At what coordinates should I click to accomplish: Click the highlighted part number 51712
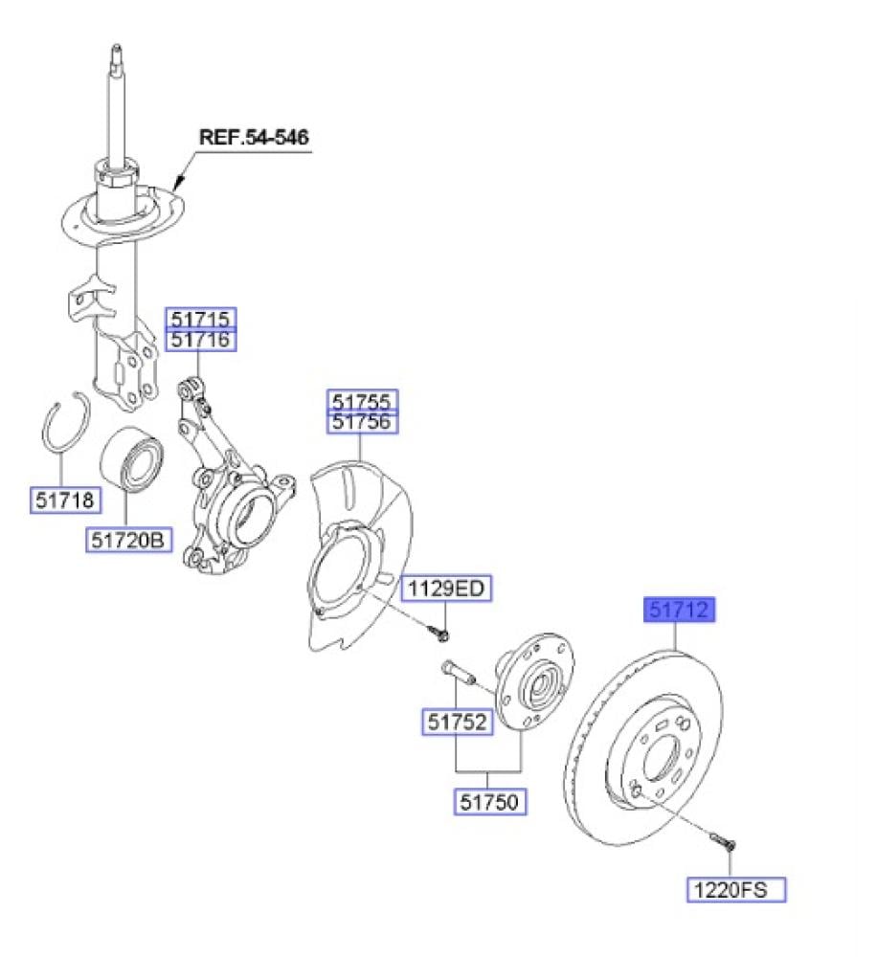[x=681, y=610]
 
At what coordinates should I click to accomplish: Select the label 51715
[x=201, y=319]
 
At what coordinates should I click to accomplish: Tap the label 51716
[x=201, y=340]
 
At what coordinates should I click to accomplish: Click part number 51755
[x=363, y=400]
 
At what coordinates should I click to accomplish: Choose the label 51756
[x=363, y=421]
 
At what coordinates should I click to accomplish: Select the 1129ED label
[x=445, y=589]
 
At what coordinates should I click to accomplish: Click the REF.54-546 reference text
[x=254, y=137]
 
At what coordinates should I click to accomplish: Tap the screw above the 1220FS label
[x=723, y=842]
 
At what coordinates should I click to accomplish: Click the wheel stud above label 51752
[x=457, y=671]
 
